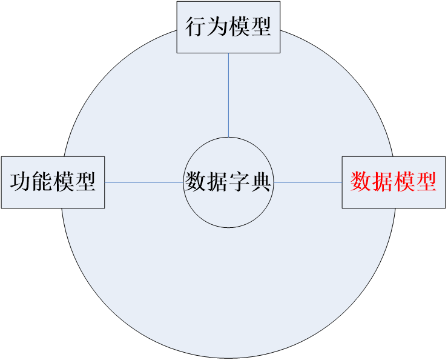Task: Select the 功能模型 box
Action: pos(53,182)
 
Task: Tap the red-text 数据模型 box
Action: pos(394,182)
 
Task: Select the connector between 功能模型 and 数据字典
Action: pos(144,182)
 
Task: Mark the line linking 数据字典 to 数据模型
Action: pos(308,182)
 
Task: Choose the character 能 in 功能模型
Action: pos(42,182)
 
